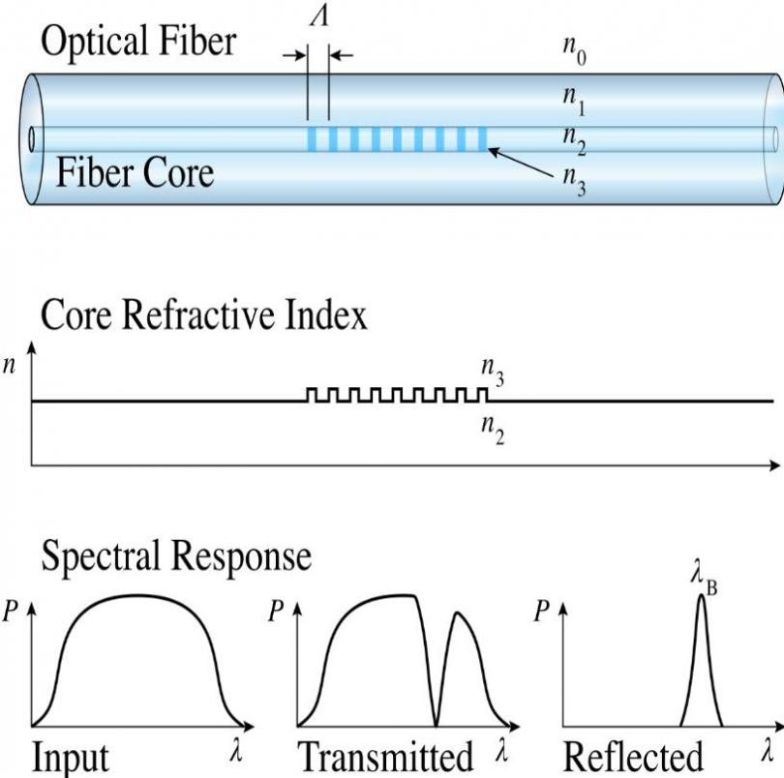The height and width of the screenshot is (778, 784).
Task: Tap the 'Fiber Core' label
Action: tap(135, 174)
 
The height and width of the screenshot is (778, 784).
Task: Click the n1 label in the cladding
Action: tap(574, 98)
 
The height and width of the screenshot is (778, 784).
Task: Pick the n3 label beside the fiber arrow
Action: tap(574, 182)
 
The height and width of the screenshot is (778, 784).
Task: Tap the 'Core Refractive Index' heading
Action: tap(203, 316)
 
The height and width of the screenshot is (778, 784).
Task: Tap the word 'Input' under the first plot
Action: tap(71, 758)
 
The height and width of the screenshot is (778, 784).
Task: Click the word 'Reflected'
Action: tap(633, 758)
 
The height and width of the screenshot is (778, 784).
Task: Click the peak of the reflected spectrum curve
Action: tap(701, 596)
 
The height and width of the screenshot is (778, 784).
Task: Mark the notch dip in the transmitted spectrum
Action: tap(436, 720)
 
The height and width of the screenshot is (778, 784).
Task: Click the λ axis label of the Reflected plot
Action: tap(767, 750)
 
